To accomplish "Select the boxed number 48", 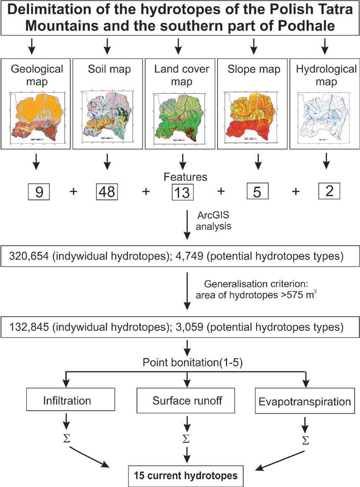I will point(107,192).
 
